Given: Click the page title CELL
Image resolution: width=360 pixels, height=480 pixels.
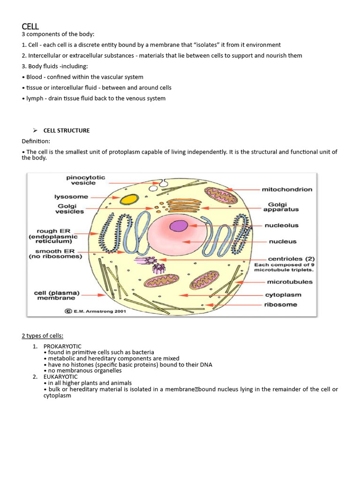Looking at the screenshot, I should click(x=30, y=27).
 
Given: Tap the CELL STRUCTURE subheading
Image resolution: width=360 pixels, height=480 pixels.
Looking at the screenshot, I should click(x=67, y=130).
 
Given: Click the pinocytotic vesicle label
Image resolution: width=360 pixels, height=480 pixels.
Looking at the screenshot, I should click(x=86, y=180).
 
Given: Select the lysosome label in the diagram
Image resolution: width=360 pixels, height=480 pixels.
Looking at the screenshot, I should click(x=72, y=197).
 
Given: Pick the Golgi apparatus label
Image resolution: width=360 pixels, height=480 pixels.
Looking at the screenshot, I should click(x=283, y=207).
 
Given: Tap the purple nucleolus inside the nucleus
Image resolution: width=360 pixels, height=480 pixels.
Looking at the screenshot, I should click(x=178, y=226).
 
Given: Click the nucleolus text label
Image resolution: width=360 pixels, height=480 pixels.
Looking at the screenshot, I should click(x=282, y=225).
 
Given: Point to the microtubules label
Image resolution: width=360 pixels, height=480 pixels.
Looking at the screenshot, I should click(x=290, y=282).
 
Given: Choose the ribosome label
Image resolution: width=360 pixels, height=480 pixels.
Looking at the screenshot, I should click(x=281, y=304).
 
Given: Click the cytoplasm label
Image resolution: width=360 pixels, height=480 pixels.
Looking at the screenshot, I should click(x=284, y=295).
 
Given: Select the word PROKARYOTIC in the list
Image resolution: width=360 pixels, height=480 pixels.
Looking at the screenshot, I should click(x=62, y=346).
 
